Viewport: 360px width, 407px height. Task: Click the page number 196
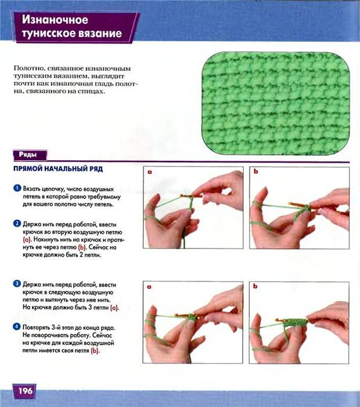click(25, 391)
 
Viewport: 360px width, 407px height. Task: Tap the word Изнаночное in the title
click(55, 20)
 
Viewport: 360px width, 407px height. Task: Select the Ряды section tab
click(30, 155)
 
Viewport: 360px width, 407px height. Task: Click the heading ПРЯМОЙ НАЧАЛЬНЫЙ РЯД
click(58, 169)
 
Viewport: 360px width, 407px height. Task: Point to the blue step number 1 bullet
click(17, 188)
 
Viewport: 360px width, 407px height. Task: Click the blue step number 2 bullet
click(17, 224)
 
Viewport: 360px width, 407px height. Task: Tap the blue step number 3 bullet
click(17, 284)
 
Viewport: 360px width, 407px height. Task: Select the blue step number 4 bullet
click(17, 326)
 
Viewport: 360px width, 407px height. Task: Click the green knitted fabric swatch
click(276, 103)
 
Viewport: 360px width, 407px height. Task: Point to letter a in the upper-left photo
click(150, 172)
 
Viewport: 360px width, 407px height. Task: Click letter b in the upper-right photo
click(256, 171)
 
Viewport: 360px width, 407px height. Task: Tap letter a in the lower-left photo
click(149, 287)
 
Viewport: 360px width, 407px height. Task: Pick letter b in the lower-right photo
click(255, 286)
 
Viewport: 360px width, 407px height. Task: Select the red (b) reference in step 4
click(95, 351)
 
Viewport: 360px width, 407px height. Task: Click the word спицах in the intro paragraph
click(91, 91)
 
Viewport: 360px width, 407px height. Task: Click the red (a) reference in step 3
click(114, 308)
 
